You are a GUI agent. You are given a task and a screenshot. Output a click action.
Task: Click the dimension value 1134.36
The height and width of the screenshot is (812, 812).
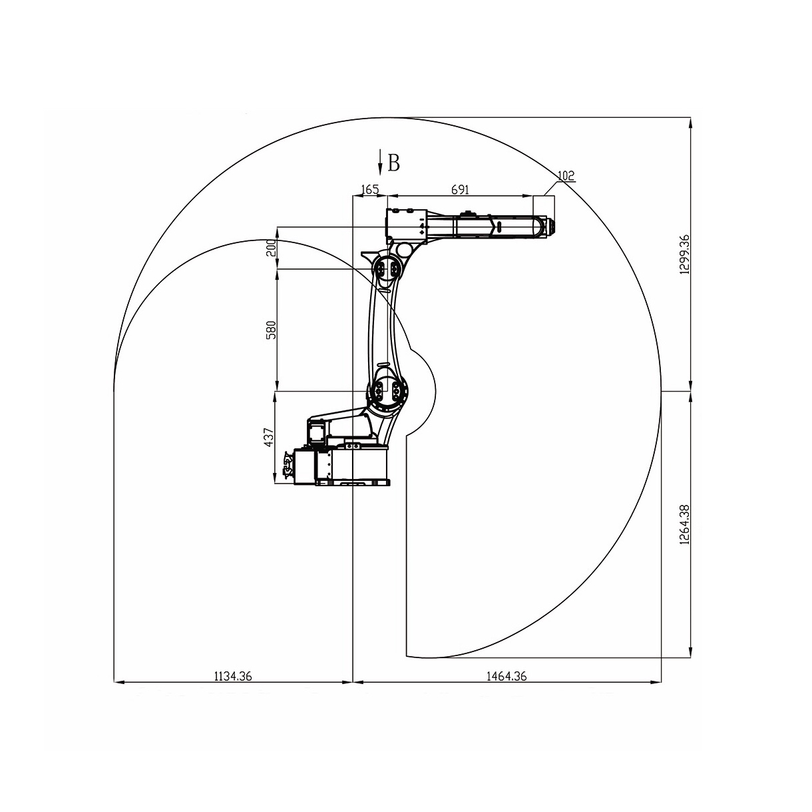[x=233, y=676]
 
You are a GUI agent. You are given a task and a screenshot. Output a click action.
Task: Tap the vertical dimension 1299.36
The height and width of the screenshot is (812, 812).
[x=684, y=254]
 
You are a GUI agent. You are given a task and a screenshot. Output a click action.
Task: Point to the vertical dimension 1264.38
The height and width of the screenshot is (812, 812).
[x=684, y=524]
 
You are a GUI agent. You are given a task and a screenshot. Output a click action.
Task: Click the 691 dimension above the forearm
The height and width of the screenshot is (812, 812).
[x=460, y=190]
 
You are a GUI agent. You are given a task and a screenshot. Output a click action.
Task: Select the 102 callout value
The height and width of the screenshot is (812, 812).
[x=566, y=175]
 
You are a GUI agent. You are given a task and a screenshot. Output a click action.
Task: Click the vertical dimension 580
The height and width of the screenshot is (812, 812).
[x=271, y=330]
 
